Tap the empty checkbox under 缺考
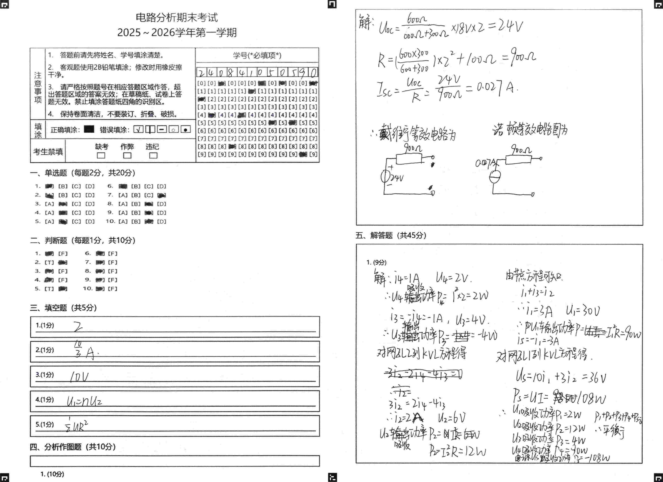(101, 155)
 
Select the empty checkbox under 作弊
(127, 155)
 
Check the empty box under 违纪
(153, 155)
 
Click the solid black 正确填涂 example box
(89, 129)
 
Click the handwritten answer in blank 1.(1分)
(78, 327)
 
